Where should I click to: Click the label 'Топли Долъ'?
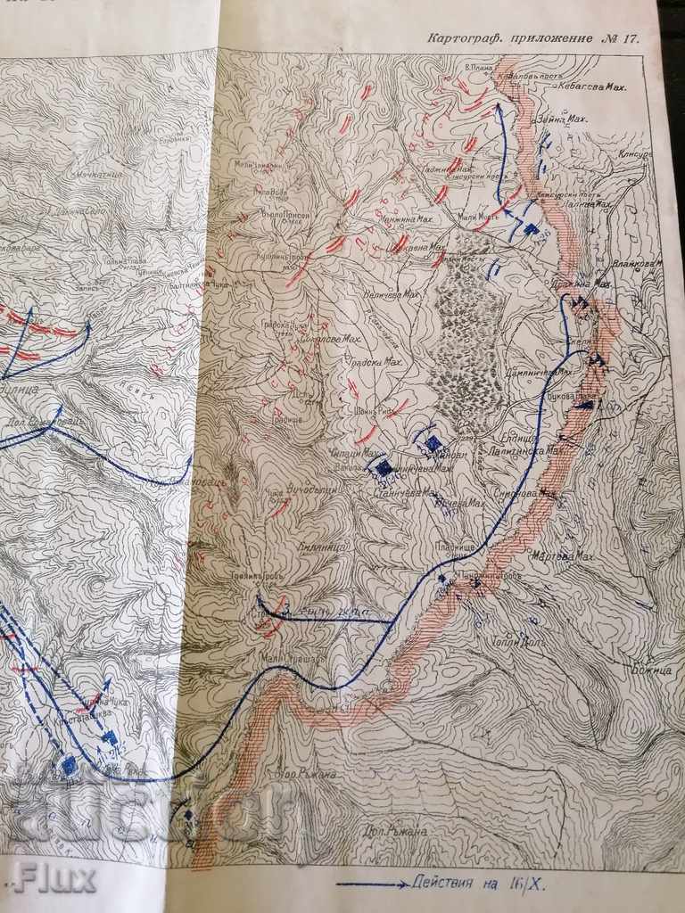pyautogui.click(x=515, y=640)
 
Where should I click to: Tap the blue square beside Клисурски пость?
pyautogui.click(x=531, y=230)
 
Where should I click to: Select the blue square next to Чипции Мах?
pyautogui.click(x=384, y=466)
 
